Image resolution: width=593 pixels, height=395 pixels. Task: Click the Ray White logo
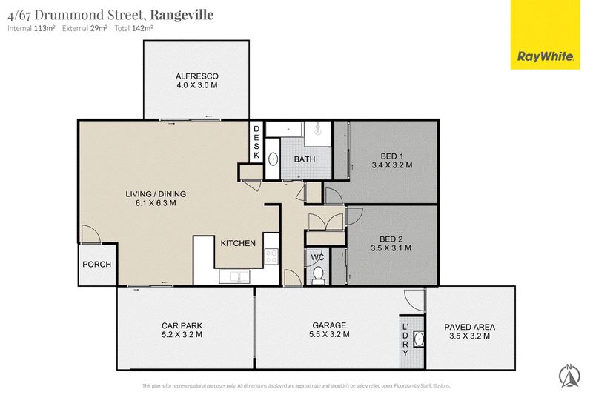pyautogui.click(x=545, y=35)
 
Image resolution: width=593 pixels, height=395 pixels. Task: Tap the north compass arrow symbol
pyautogui.click(x=569, y=375)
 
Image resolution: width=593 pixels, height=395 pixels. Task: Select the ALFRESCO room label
pyautogui.click(x=197, y=76)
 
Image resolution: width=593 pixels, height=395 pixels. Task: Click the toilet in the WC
pyautogui.click(x=318, y=276)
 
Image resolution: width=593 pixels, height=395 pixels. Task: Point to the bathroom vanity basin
pyautogui.click(x=273, y=159)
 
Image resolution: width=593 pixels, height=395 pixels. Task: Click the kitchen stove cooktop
pyautogui.click(x=271, y=256)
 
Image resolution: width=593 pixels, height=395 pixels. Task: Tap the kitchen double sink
pyautogui.click(x=234, y=276)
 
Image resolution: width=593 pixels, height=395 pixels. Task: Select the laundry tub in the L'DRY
pyautogui.click(x=418, y=339)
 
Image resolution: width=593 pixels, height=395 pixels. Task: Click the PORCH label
pyautogui.click(x=97, y=265)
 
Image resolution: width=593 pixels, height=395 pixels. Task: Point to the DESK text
pyautogui.click(x=256, y=142)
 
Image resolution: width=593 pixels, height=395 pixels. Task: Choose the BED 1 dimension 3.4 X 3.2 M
pyautogui.click(x=392, y=165)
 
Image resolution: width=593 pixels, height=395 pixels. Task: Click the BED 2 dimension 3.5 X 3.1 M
pyautogui.click(x=391, y=248)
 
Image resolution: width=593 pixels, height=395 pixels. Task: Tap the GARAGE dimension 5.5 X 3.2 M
pyautogui.click(x=329, y=334)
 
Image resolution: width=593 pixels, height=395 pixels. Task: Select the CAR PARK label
pyautogui.click(x=182, y=325)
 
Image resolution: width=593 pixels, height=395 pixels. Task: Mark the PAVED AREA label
pyautogui.click(x=470, y=327)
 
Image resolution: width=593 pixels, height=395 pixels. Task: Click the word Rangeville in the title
pyautogui.click(x=182, y=15)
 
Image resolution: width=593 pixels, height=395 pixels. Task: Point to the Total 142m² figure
pyautogui.click(x=134, y=28)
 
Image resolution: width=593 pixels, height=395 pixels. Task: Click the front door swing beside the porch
pyautogui.click(x=91, y=234)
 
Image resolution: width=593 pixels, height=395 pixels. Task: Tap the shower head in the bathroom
pyautogui.click(x=318, y=129)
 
